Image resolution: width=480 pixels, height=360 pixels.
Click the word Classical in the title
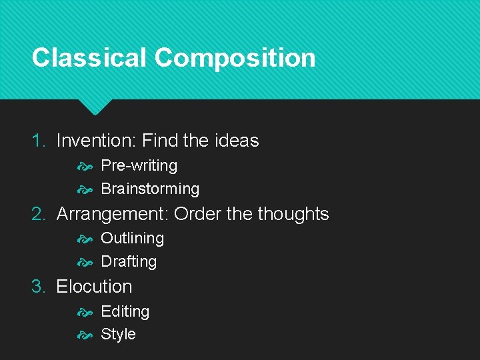[89, 57]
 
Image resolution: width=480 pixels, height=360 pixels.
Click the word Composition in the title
[235, 59]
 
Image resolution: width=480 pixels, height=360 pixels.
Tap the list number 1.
[39, 141]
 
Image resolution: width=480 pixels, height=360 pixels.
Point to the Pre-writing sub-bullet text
[139, 165]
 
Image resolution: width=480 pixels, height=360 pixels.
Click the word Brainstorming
[150, 189]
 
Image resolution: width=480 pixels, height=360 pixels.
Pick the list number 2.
[39, 214]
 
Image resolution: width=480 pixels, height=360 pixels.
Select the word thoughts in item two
[293, 214]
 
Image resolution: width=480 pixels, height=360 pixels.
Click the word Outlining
[132, 238]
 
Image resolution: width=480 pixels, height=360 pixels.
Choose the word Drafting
[129, 261]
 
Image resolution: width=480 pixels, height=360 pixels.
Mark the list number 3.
[39, 287]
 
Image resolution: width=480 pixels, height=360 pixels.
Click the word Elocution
[94, 287]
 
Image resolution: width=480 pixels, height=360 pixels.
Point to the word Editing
[125, 311]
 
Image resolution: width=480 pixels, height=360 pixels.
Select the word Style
[118, 334]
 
